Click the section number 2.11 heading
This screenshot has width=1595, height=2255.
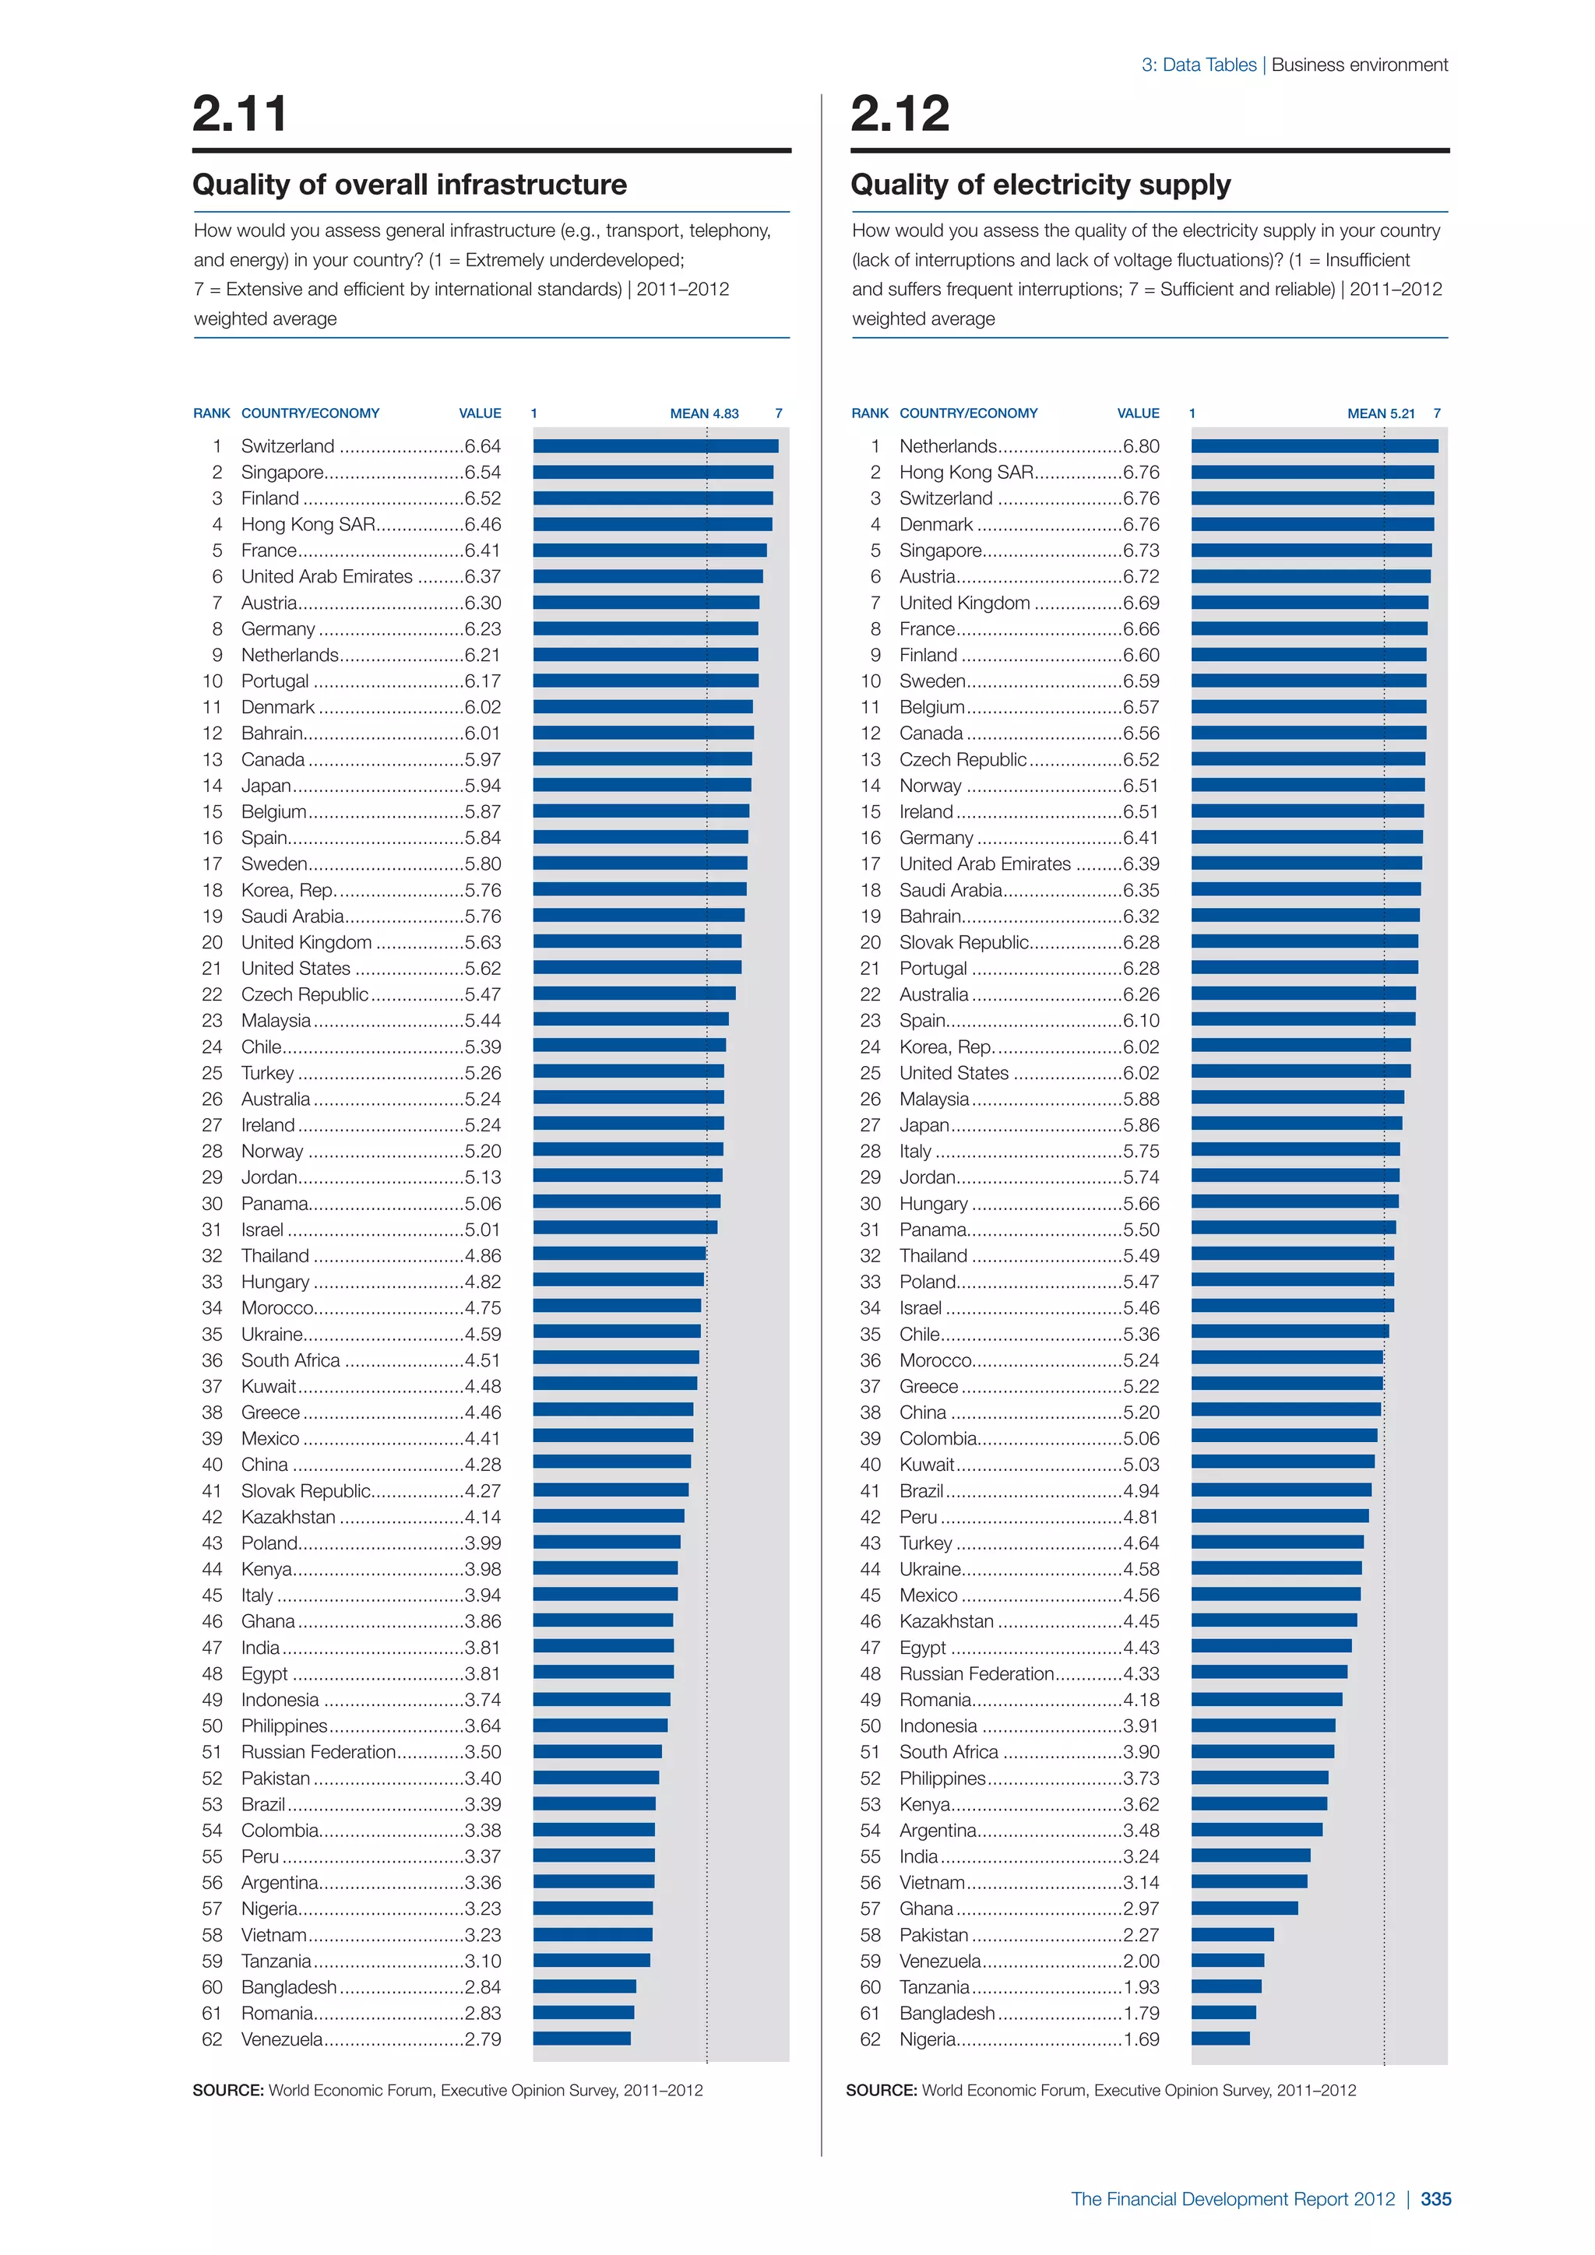coord(240,113)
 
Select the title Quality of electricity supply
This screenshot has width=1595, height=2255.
coord(1040,185)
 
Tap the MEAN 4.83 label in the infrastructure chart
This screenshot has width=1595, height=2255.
coord(704,413)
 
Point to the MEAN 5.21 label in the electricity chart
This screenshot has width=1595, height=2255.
coord(1381,413)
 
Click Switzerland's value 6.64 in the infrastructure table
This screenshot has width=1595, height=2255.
coord(482,446)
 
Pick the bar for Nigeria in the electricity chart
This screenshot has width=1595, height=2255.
coord(1220,2039)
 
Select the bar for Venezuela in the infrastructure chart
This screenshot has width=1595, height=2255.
coord(582,2039)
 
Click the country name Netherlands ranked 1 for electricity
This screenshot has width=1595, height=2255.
coord(948,446)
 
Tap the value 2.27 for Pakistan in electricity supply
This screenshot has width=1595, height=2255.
coord(1140,1935)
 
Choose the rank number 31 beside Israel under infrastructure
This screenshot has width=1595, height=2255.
coord(212,1230)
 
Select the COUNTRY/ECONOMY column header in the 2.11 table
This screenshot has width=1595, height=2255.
coord(311,413)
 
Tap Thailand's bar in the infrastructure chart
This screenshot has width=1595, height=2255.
coord(618,1254)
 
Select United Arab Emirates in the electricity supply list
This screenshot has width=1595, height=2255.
coord(984,864)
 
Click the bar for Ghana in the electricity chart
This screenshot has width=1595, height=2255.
coord(1245,1908)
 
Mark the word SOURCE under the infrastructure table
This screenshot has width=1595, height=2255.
coord(227,2090)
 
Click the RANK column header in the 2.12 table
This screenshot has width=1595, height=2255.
coord(869,413)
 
